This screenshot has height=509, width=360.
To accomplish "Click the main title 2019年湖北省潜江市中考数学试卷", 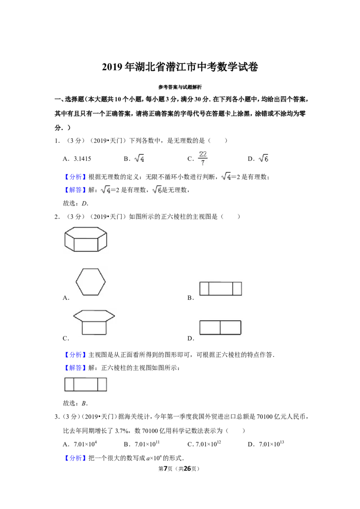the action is point(180,67).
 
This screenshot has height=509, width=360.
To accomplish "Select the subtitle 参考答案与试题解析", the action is point(180,87).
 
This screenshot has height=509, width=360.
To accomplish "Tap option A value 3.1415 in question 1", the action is point(82,159).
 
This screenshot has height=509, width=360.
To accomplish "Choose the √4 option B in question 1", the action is point(139,158).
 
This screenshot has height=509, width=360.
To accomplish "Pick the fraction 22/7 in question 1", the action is point(203,158).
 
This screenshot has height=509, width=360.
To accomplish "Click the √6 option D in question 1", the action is point(264,158).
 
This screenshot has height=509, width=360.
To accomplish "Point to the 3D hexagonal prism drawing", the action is point(86,239).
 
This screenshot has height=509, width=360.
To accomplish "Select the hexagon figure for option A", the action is point(90,281).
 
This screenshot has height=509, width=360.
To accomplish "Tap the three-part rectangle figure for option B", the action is point(220,289).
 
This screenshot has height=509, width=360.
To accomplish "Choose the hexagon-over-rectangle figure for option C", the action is point(94,322).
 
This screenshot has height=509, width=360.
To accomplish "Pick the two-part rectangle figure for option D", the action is point(220,327).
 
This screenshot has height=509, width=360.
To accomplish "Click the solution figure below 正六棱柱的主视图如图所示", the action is point(86,384).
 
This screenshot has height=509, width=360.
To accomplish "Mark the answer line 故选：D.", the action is point(76,204).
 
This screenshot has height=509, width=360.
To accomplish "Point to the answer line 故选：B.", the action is point(76,403).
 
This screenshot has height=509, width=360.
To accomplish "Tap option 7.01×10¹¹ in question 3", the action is point(147,444).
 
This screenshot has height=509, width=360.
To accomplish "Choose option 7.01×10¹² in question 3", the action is point(208,444).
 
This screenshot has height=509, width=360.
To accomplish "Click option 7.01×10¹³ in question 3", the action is point(272,444).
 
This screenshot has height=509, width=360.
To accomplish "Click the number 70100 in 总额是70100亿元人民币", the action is point(265,416).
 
